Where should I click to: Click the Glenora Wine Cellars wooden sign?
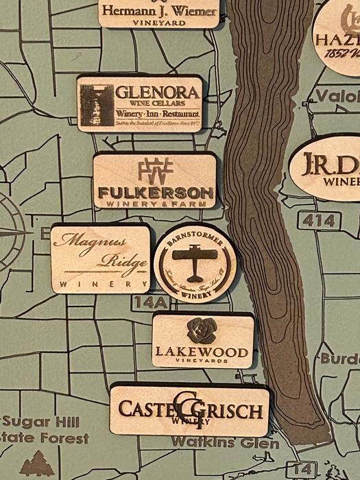coord(140,104)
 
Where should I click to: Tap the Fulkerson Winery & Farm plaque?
coord(155,181)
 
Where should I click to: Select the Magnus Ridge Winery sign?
coord(100,259)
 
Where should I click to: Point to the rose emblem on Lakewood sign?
coord(202,330)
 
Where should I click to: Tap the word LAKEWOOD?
coord(202,352)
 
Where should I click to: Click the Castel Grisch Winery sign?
coord(189,410)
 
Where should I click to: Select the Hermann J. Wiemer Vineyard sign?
coord(158,13)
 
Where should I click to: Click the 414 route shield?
coord(320,220)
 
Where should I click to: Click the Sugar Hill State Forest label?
coord(45,429)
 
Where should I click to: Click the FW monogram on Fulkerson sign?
coord(155,169)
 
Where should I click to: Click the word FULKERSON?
coord(156,193)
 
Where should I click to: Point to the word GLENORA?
coord(158,92)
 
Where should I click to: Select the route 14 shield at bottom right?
coord(301,470)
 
